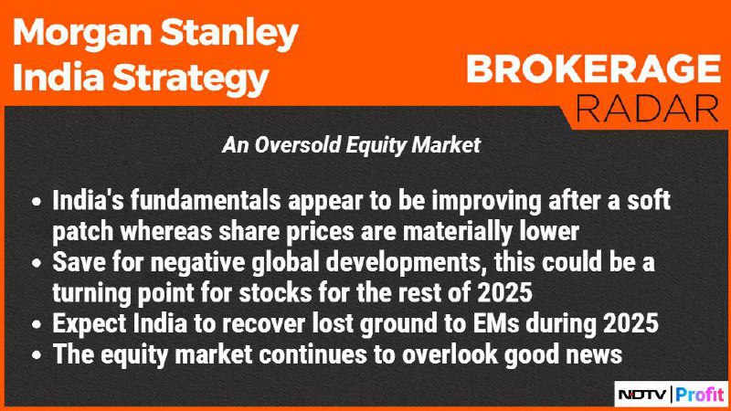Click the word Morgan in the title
[82, 34]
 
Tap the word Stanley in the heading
[229, 34]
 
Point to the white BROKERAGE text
[593, 69]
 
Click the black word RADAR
[647, 109]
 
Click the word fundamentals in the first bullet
[206, 201]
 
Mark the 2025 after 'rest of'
[505, 293]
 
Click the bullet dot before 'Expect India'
[37, 325]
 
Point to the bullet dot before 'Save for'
[37, 264]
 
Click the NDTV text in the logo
[642, 395]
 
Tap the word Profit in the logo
[700, 395]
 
